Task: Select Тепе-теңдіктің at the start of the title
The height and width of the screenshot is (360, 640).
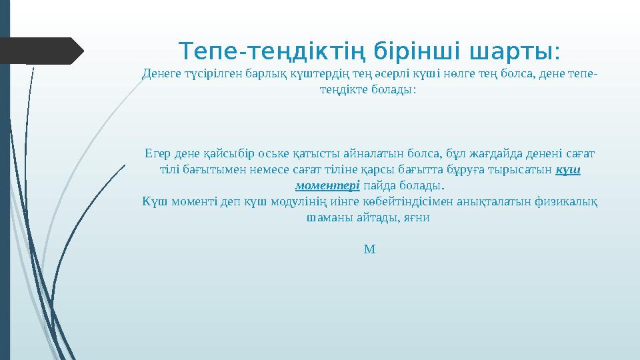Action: coord(271,51)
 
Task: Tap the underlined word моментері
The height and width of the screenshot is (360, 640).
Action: coord(327,185)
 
